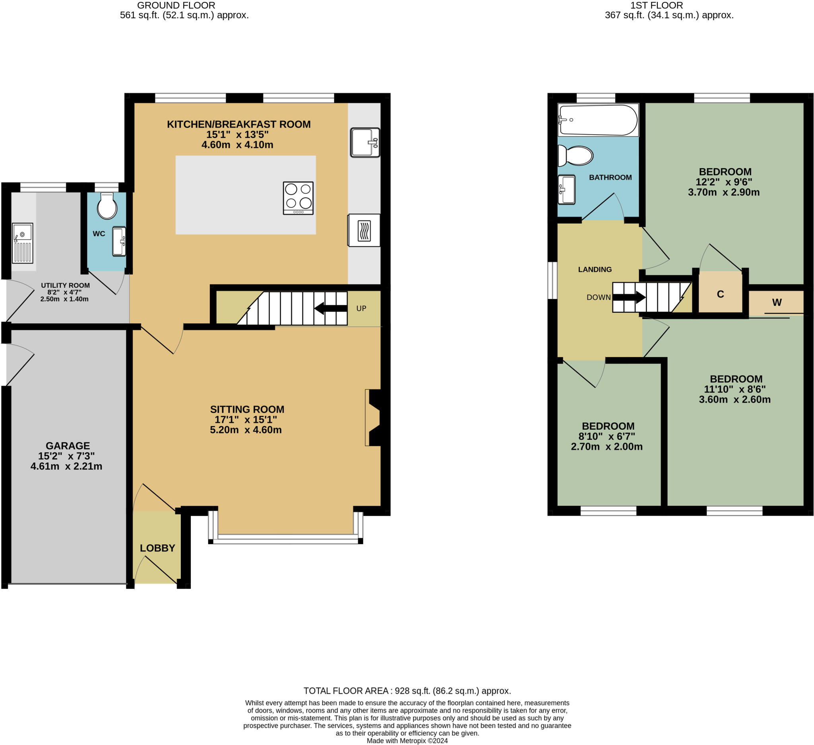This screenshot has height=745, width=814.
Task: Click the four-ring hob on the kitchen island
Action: point(298,198)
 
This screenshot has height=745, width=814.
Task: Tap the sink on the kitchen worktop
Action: point(364,142)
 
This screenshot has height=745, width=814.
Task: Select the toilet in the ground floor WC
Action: point(107,206)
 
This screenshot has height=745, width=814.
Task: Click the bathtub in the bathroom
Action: point(597,120)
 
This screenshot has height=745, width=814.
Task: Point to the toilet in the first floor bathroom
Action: point(576,155)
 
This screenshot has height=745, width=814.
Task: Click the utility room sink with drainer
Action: point(23,243)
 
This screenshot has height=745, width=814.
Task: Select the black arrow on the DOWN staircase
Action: point(630,297)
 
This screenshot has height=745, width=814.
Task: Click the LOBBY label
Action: point(157,548)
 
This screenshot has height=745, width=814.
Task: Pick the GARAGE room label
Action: point(68,445)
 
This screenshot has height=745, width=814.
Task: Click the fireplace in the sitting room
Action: point(374,417)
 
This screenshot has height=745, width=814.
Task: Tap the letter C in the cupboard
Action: point(720,294)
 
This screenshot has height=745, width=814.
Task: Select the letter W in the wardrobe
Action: point(777,302)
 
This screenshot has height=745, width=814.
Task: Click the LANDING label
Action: point(595,269)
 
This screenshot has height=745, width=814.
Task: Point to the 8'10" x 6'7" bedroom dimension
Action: point(607,436)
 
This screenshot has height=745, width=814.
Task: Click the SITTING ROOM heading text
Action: point(247,409)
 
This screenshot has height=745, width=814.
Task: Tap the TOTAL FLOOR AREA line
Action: point(407,691)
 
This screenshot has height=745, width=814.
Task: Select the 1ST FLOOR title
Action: point(657,5)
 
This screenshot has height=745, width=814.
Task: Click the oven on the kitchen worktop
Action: point(364,230)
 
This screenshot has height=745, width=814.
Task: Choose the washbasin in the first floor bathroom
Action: point(566,189)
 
